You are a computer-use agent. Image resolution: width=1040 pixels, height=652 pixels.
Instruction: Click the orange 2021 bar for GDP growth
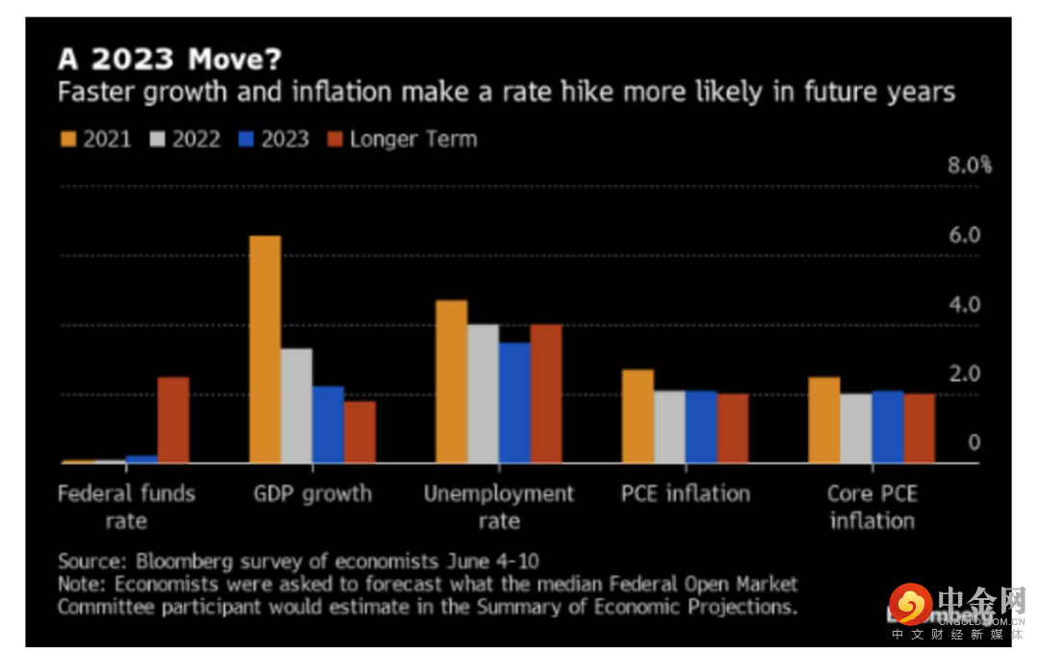265,349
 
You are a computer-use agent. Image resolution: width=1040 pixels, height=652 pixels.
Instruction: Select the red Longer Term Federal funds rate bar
173,420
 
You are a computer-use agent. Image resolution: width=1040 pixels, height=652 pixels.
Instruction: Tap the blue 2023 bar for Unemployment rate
514,403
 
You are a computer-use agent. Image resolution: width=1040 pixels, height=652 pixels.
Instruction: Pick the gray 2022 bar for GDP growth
297,405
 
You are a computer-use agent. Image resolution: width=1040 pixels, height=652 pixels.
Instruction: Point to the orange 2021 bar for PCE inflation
637,416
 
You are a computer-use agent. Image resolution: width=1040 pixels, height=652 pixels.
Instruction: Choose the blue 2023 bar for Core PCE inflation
887,427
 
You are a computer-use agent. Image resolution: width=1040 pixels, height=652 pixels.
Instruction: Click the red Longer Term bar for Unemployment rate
546,394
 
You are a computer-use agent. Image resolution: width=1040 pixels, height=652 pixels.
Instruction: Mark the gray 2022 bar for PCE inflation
669,427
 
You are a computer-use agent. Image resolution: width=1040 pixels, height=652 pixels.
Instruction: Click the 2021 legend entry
97,139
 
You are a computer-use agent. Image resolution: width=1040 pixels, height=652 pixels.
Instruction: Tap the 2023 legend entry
273,139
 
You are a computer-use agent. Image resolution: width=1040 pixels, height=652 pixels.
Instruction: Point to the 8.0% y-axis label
969,165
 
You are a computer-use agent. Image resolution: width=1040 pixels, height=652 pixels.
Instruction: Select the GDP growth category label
312,494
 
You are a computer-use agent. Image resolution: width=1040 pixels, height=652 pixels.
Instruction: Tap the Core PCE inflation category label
871,507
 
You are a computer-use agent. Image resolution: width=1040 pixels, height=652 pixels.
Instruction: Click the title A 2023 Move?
169,60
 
